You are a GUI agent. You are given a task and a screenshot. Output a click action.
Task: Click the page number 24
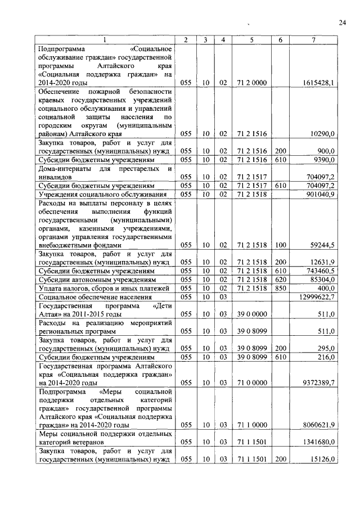coord(342,22)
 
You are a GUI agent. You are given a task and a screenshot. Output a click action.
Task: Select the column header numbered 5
coord(251,39)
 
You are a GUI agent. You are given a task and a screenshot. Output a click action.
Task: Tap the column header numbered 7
coord(313,39)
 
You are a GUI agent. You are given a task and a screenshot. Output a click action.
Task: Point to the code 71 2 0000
coord(251,83)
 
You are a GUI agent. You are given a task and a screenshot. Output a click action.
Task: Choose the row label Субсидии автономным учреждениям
coord(96,280)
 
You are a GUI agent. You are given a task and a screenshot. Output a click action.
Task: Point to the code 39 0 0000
coord(251,314)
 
